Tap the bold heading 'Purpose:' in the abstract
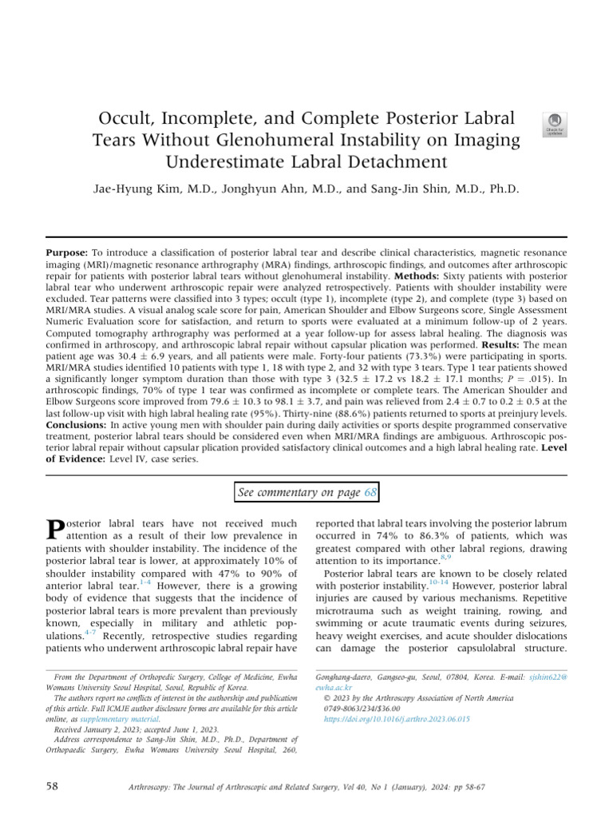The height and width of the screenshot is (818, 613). [x=68, y=252]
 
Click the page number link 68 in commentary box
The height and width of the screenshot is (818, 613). [x=370, y=493]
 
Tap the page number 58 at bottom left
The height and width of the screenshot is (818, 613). [x=53, y=787]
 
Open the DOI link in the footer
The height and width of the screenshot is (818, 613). [x=396, y=719]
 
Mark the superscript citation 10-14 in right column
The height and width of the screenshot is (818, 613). [x=438, y=582]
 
